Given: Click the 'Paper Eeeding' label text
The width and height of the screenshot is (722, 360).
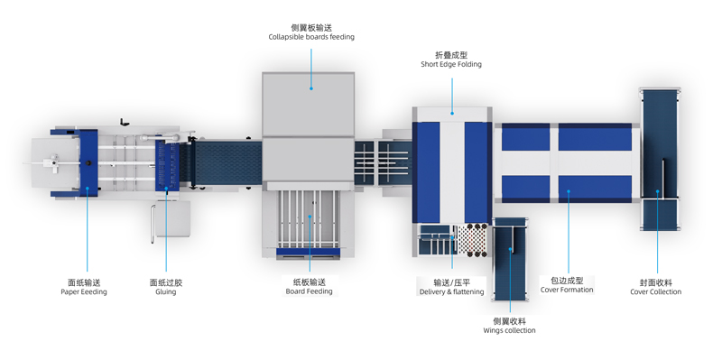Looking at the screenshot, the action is click(x=84, y=291).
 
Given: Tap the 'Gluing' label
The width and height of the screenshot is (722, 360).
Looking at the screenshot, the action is click(x=166, y=291).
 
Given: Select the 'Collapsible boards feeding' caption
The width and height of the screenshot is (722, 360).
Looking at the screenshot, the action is click(x=311, y=37).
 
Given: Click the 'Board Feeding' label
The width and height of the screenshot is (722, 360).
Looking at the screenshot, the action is click(x=309, y=291).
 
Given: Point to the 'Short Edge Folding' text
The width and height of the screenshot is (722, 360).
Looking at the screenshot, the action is click(x=451, y=64).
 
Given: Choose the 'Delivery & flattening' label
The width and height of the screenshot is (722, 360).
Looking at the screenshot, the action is click(x=452, y=291).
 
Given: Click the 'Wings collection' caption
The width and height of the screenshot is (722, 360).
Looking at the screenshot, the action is click(x=509, y=330).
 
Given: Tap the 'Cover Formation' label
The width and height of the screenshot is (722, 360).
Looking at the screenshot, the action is click(x=567, y=290).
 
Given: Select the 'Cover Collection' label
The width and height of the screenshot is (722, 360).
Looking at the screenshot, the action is click(x=656, y=291).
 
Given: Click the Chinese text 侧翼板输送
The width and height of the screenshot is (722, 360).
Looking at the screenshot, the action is click(x=311, y=28).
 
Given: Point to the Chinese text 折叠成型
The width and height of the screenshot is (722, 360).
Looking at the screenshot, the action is click(x=451, y=55).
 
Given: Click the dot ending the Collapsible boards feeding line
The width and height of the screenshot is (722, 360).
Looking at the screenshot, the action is click(x=311, y=88).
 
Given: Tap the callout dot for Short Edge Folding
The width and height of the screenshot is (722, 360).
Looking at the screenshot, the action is click(x=452, y=113).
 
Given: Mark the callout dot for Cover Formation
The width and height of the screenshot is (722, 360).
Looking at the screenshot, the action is click(x=569, y=191).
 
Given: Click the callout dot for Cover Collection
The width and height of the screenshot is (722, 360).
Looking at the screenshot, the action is click(x=657, y=191).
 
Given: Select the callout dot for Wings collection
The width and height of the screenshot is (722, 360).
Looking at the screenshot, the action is click(x=510, y=249).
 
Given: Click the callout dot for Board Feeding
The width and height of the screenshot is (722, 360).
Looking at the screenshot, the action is click(x=310, y=216).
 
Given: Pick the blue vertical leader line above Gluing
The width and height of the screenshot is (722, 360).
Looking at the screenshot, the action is click(x=166, y=229).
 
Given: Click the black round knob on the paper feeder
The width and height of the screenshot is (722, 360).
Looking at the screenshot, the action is click(x=88, y=162).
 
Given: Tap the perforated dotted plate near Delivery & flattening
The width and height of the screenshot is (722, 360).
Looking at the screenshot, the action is click(x=471, y=240).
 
